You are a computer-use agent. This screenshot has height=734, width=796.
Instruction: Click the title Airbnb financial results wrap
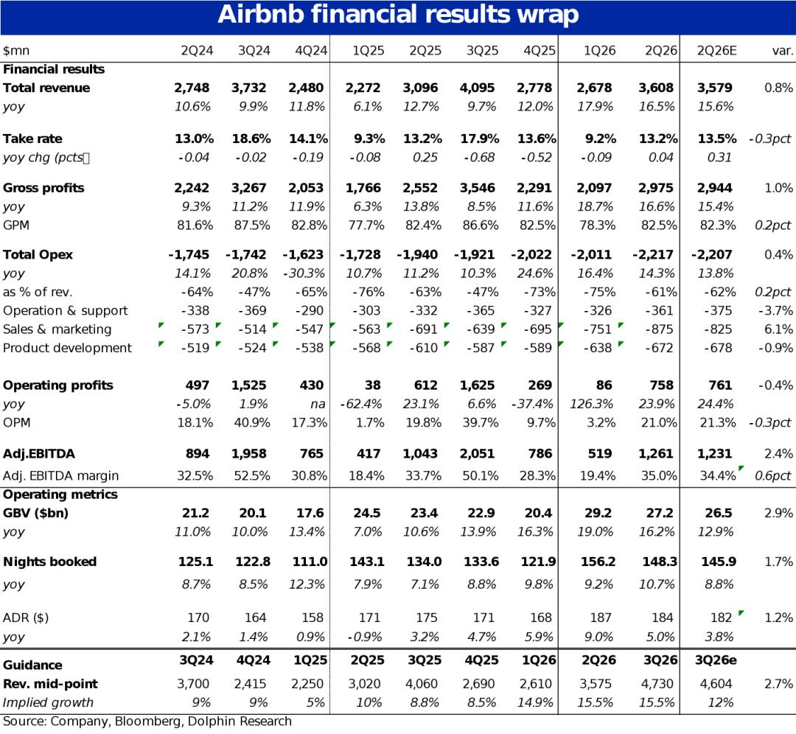(398, 14)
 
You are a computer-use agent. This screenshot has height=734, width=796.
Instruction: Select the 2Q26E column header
(716, 51)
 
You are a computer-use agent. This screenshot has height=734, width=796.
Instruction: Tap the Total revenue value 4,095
(477, 88)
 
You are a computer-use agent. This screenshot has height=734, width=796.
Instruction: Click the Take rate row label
(32, 139)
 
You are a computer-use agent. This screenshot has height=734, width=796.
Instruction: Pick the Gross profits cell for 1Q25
(363, 188)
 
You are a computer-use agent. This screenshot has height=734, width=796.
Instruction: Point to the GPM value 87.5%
(252, 225)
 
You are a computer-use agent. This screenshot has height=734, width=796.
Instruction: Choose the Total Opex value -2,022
(531, 254)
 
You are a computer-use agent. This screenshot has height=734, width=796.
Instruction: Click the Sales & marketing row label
(57, 329)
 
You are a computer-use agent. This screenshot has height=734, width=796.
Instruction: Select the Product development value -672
(659, 348)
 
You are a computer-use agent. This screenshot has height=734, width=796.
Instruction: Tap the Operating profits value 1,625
(477, 385)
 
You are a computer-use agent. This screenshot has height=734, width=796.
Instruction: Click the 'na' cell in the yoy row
(318, 404)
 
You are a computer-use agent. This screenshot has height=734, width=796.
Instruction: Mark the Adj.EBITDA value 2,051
(477, 453)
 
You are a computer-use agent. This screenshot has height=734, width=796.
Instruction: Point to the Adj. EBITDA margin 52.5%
(252, 475)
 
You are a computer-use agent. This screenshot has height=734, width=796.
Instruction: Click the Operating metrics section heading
(60, 494)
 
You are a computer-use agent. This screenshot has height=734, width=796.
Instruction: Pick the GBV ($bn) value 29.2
(598, 513)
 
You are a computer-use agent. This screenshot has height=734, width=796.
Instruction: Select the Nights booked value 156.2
(598, 562)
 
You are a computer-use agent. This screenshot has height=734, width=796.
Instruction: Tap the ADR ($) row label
(26, 618)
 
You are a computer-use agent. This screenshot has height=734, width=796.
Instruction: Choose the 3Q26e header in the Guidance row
(716, 660)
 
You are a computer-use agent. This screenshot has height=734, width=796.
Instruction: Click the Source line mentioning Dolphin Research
(147, 721)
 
